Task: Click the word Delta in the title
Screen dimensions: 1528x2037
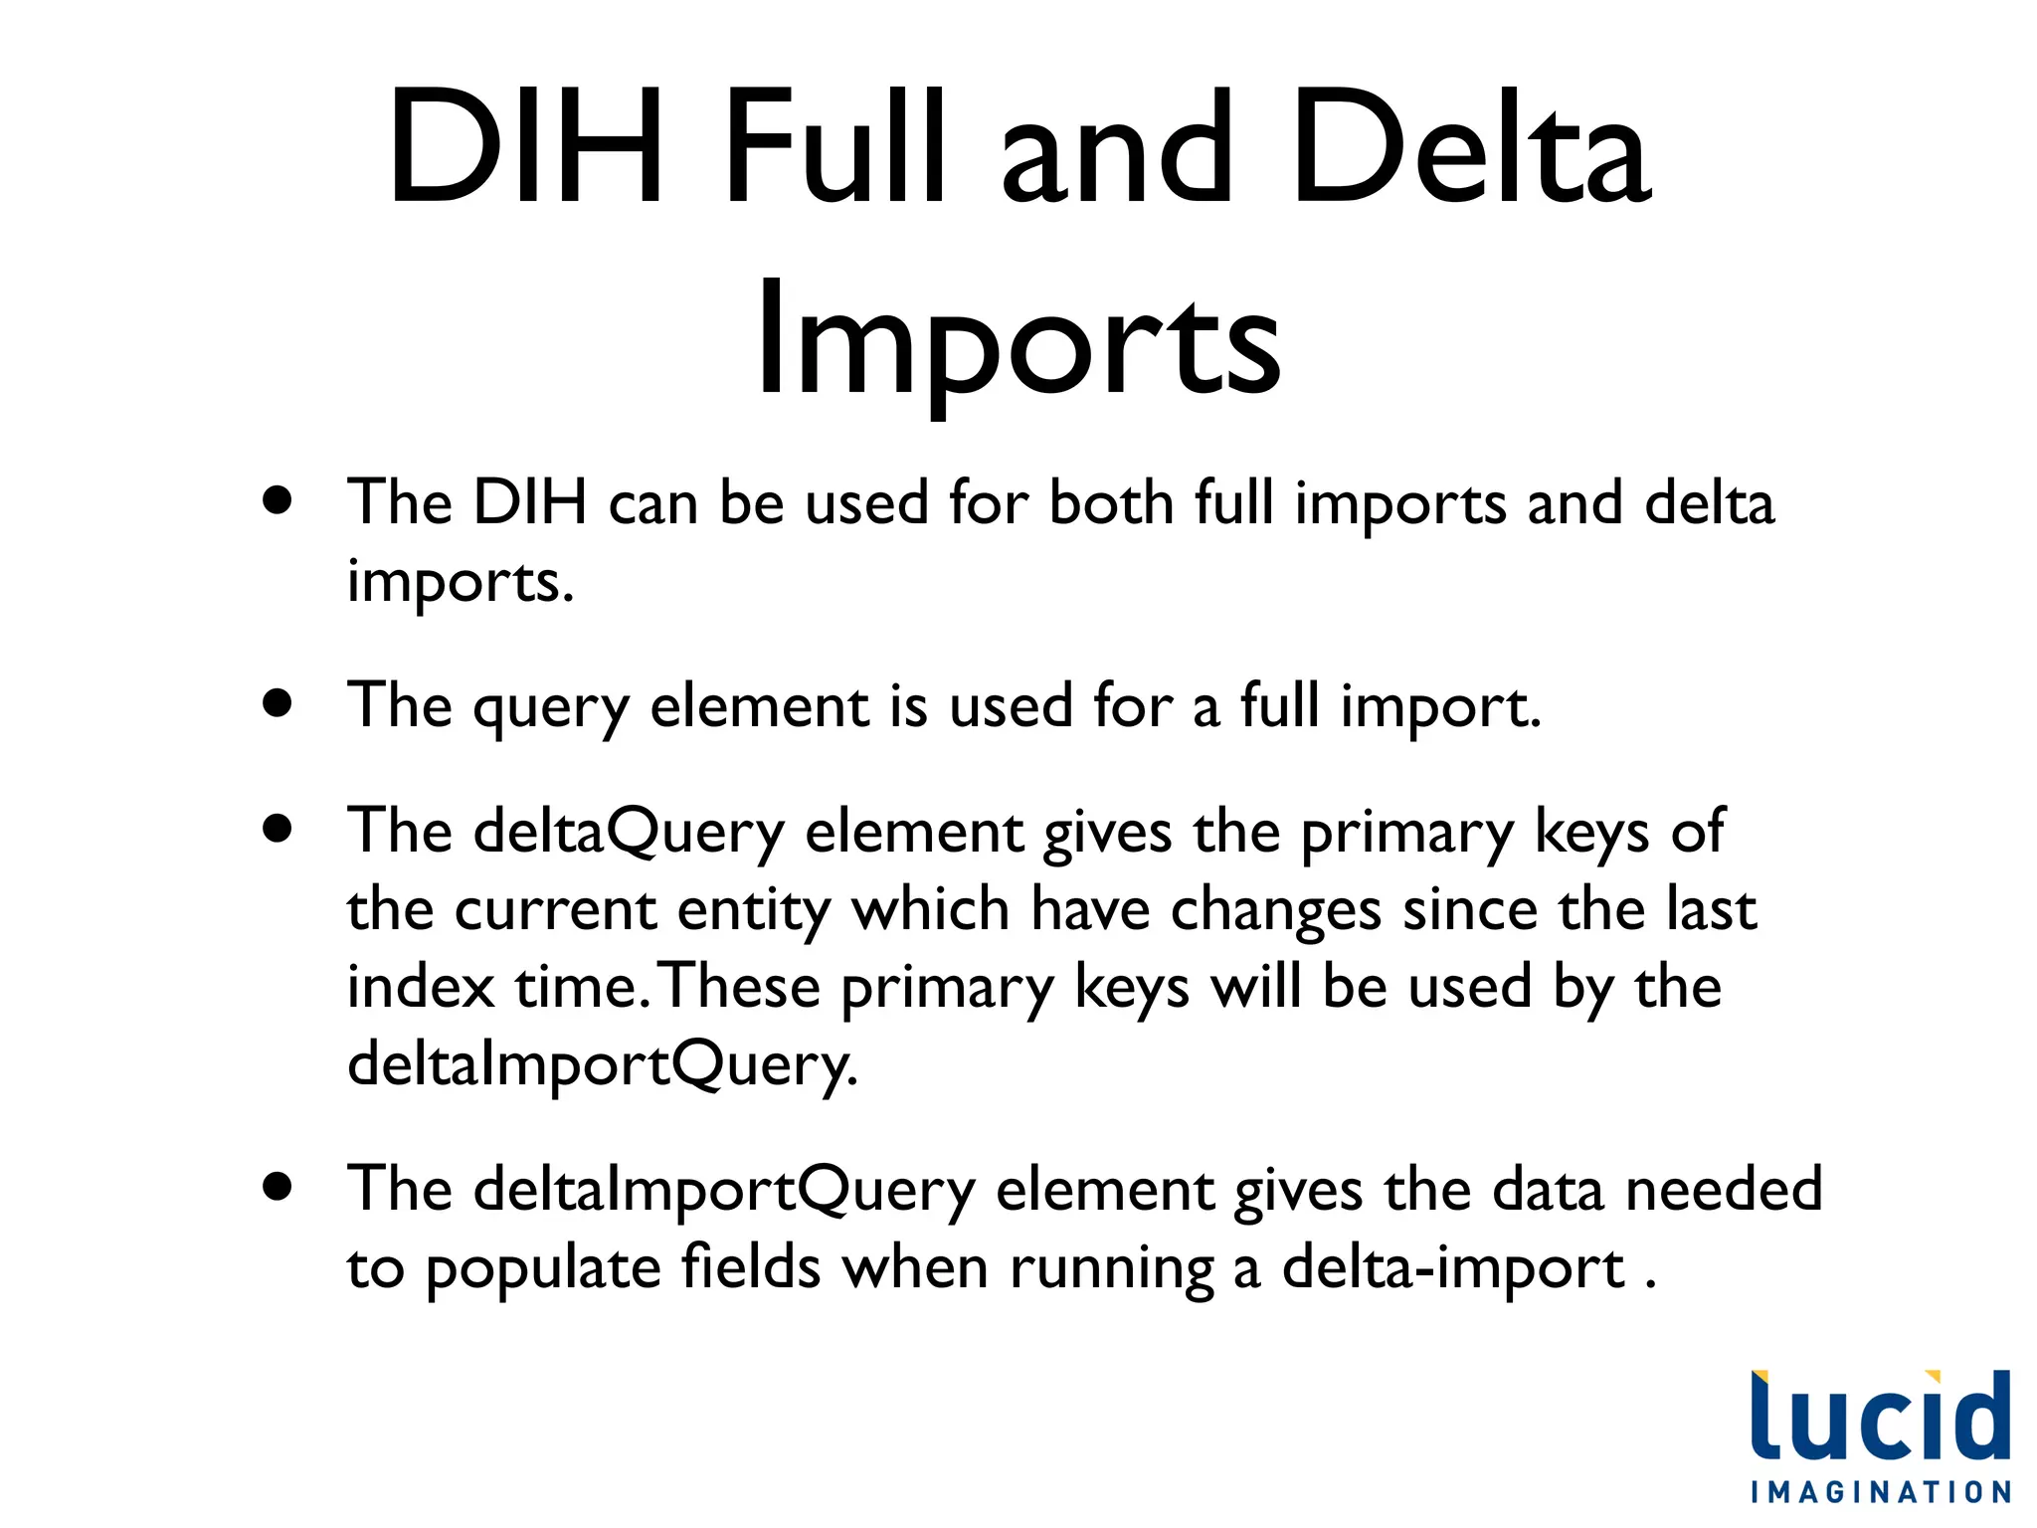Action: pyautogui.click(x=1470, y=149)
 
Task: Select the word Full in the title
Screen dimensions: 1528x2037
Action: pyautogui.click(x=833, y=149)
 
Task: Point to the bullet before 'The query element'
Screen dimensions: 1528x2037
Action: pyautogui.click(x=278, y=703)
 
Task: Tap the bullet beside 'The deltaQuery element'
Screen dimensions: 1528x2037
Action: pyautogui.click(x=278, y=828)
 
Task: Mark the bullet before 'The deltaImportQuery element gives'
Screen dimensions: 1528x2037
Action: pyautogui.click(x=278, y=1186)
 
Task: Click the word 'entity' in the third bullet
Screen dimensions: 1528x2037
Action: pyautogui.click(x=753, y=912)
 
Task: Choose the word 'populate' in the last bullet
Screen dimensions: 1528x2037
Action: pyautogui.click(x=543, y=1271)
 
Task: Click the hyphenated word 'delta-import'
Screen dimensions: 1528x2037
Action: pyautogui.click(x=1453, y=1269)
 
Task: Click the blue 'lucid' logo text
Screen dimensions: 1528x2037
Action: pyautogui.click(x=1880, y=1417)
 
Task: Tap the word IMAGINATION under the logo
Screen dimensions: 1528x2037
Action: pyautogui.click(x=1881, y=1492)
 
